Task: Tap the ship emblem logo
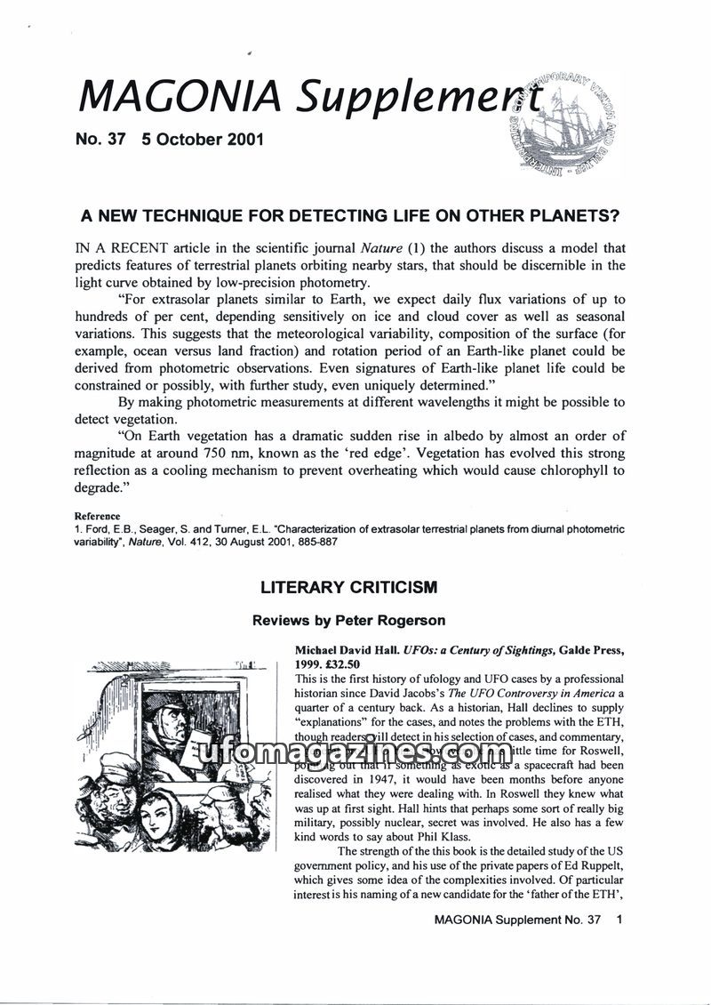click(x=566, y=122)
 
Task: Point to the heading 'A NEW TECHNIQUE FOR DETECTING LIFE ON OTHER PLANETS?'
click(x=349, y=216)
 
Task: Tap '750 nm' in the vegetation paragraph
click(x=248, y=453)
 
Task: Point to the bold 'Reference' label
click(x=97, y=516)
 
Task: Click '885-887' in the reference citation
click(x=314, y=541)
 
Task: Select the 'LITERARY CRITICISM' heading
click(x=348, y=588)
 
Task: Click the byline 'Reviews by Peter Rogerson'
click(x=348, y=620)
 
